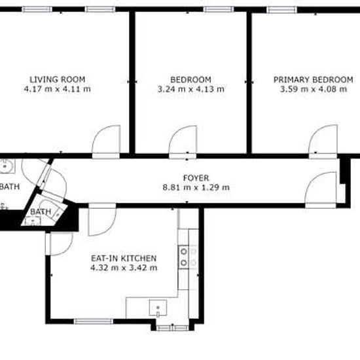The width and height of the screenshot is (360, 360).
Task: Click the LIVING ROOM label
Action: pos(58,79)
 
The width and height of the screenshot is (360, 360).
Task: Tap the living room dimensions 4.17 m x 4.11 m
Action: pos(58,88)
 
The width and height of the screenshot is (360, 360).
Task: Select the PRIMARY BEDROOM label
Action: pos(314,80)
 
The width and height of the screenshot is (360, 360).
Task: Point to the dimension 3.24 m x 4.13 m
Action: pos(190,89)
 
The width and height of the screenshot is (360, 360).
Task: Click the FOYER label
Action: pos(196,178)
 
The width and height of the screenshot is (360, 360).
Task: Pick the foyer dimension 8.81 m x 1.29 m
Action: pos(196,187)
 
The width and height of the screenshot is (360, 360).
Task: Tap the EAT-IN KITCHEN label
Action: pos(124,259)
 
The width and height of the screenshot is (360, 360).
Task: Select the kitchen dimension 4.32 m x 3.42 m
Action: pos(124,268)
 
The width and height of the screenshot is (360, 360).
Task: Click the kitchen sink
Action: pos(158,308)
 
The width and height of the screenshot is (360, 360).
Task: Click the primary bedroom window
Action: pos(281,10)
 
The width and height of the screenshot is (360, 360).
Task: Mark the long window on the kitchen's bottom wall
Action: pos(94,321)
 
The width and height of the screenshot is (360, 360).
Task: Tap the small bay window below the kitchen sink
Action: pos(172,328)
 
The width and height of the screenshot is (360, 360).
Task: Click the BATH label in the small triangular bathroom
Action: pos(41,211)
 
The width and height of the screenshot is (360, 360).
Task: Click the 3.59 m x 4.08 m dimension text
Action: pos(314,89)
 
